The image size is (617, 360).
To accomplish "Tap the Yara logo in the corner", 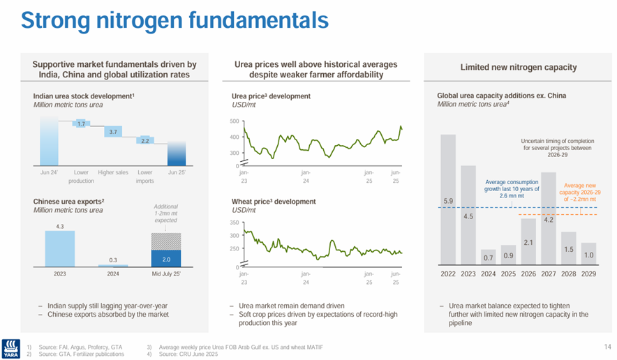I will click(11, 347).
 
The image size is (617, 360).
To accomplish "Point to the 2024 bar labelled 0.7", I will click(489, 256).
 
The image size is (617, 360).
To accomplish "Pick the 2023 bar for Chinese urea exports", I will click(60, 248).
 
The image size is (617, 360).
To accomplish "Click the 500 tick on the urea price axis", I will click(234, 121).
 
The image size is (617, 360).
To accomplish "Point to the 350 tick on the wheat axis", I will click(234, 223).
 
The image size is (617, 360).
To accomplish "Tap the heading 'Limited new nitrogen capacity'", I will click(518, 68).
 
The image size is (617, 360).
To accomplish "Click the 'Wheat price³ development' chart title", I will click(274, 202).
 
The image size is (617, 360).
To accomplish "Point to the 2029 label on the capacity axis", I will click(589, 274).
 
